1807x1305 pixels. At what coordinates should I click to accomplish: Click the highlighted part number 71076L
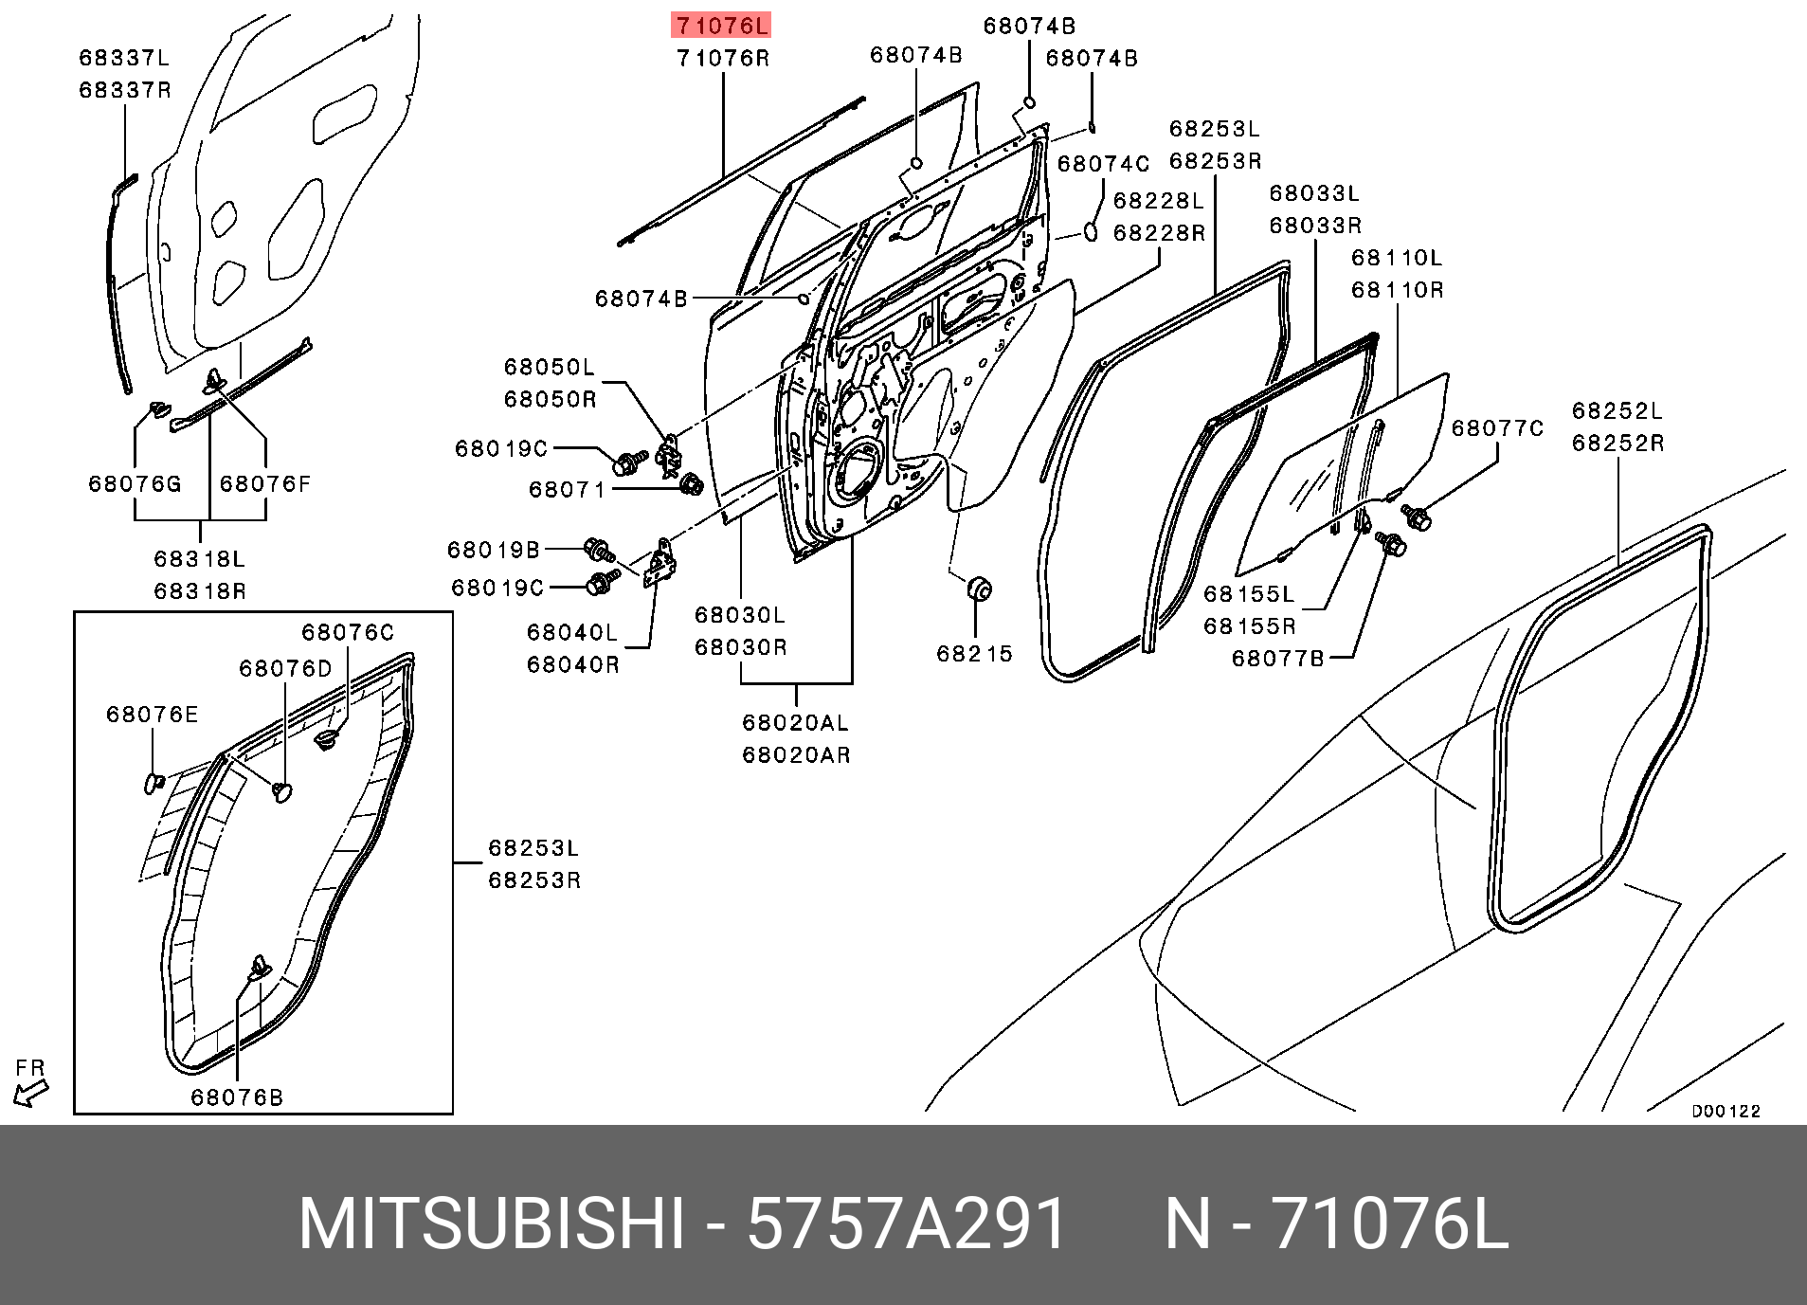721,25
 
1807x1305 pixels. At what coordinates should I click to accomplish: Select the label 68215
974,654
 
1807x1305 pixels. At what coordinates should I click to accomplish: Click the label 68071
567,490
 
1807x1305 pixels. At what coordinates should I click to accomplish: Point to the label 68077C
1497,428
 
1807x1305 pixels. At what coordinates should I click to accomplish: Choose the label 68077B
1277,658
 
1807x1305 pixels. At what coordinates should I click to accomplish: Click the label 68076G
135,484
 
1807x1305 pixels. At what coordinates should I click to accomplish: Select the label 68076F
265,484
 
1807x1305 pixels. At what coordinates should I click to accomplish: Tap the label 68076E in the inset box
153,715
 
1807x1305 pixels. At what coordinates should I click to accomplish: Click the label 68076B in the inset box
237,1097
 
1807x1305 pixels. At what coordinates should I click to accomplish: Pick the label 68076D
285,669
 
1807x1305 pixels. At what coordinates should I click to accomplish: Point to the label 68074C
1103,164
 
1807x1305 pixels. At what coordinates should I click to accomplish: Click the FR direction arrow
30,1094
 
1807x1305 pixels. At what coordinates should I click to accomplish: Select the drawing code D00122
1726,1112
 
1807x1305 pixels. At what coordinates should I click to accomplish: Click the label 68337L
124,59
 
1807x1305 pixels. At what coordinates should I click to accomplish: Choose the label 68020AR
795,755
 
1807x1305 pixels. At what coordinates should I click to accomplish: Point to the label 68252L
1617,411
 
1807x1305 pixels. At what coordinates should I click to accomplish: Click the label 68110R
1397,290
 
